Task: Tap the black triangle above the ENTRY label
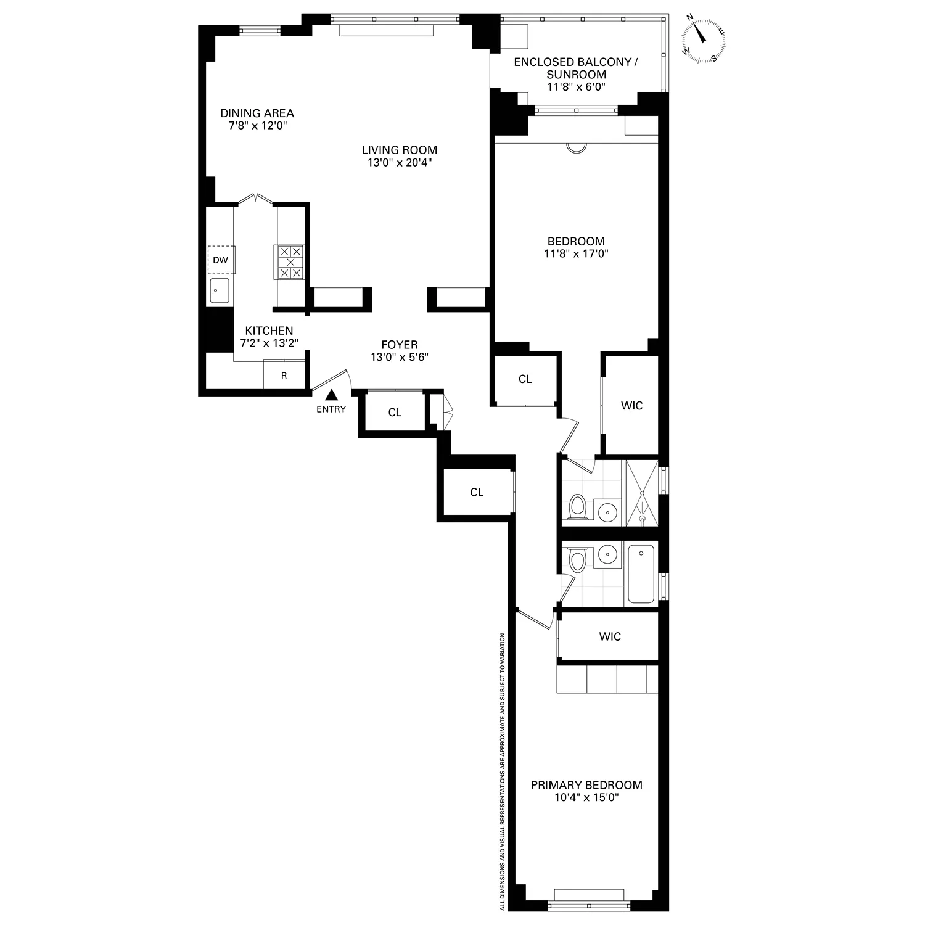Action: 332,395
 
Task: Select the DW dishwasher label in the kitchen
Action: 220,260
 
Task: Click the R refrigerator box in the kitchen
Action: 284,375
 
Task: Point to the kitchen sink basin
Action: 219,290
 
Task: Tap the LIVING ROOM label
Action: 399,150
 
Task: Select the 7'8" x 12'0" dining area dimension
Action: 257,126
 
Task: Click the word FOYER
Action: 399,345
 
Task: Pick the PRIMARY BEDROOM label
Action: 586,785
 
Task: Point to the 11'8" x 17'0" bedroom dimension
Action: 577,253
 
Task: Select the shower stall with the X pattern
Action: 642,493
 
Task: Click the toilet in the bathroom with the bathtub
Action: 578,561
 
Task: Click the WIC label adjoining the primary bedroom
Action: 609,636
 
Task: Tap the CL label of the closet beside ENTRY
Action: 395,413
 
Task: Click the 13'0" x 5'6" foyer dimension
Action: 399,357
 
